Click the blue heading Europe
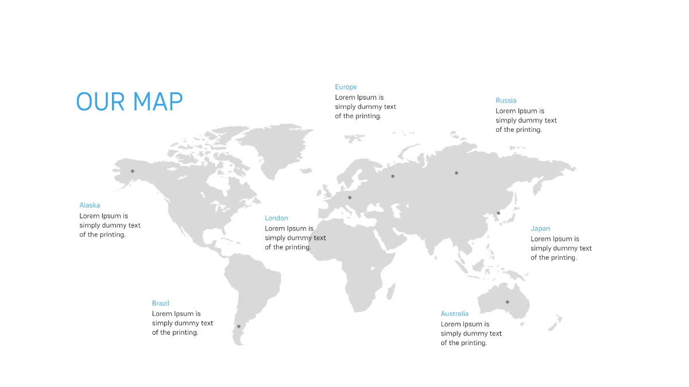pyautogui.click(x=346, y=87)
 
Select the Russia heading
pyautogui.click(x=506, y=100)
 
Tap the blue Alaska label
pyautogui.click(x=90, y=205)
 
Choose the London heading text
pyautogui.click(x=276, y=218)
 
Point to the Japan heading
pyautogui.click(x=540, y=229)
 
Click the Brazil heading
pyautogui.click(x=161, y=303)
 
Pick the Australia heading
pyautogui.click(x=454, y=314)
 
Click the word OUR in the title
pyautogui.click(x=100, y=101)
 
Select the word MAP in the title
pyautogui.click(x=158, y=101)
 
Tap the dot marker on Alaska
pyautogui.click(x=132, y=171)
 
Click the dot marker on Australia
pyautogui.click(x=507, y=302)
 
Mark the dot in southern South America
pyautogui.click(x=239, y=326)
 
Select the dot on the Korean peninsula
pyautogui.click(x=498, y=213)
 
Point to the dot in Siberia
pyautogui.click(x=456, y=173)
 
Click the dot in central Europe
pyautogui.click(x=350, y=197)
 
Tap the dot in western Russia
pyautogui.click(x=393, y=177)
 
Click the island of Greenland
pyautogui.click(x=277, y=147)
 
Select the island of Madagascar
pyautogui.click(x=390, y=292)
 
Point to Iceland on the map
pyautogui.click(x=305, y=170)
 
